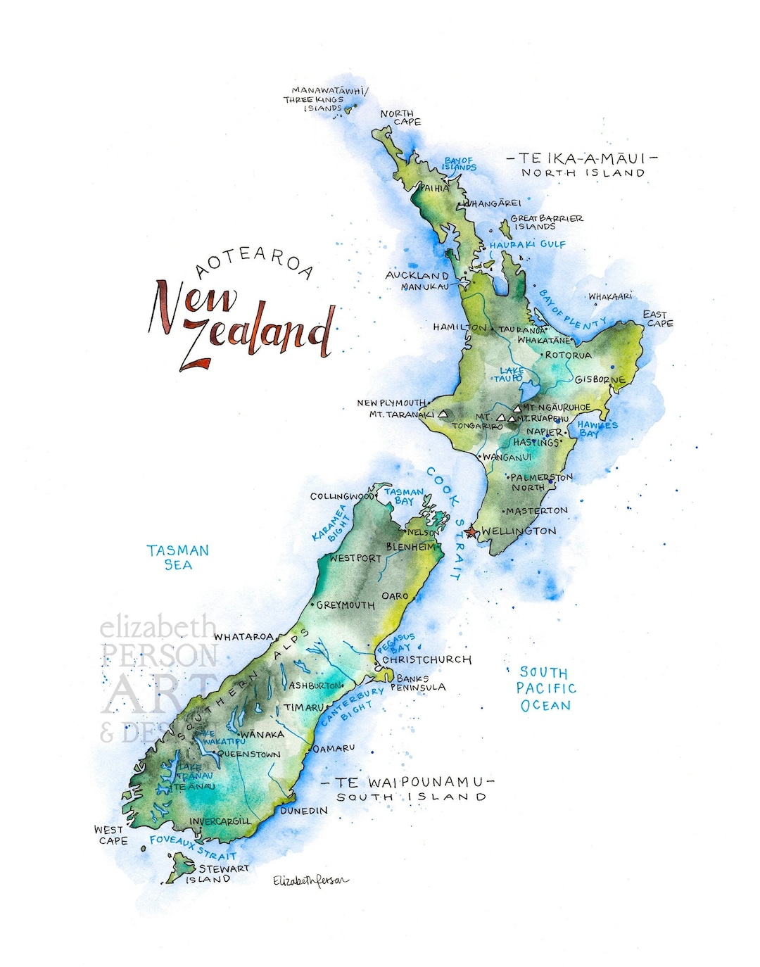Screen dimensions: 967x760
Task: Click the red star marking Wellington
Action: (471, 531)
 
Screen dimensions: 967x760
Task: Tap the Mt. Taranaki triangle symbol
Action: (443, 415)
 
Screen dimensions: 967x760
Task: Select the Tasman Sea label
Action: (178, 557)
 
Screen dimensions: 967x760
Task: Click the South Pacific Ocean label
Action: (545, 689)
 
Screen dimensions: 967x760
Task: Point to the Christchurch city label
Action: (426, 660)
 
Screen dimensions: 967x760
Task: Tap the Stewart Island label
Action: (217, 873)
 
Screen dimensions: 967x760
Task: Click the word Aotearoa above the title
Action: (254, 262)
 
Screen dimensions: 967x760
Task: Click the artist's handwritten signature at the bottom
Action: (310, 880)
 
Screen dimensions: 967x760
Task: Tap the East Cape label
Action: (657, 319)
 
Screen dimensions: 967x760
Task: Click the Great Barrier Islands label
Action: (546, 222)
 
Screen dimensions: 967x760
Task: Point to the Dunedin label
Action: (304, 811)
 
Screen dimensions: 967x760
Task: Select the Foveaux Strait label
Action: (193, 847)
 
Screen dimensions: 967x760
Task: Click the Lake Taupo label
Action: (510, 374)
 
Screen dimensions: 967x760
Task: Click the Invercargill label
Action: (220, 821)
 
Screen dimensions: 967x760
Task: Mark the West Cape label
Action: (111, 835)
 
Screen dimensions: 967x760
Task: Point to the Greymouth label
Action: (346, 605)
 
